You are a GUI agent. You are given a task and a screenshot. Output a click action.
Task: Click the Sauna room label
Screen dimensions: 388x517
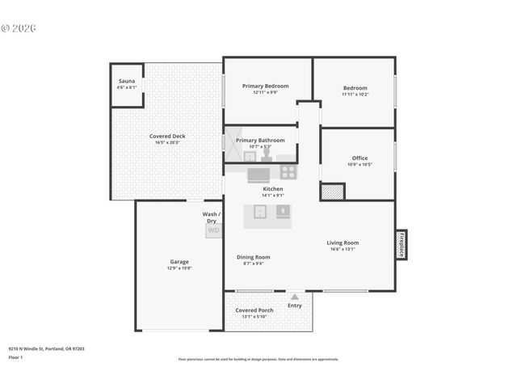127,81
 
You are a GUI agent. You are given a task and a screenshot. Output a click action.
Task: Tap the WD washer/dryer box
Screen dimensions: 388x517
213,230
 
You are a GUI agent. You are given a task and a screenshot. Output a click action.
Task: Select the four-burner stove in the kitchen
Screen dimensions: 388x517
288,171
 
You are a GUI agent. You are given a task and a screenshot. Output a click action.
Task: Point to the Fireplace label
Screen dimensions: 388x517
401,245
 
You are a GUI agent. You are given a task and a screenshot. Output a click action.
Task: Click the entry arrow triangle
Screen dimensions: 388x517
295,297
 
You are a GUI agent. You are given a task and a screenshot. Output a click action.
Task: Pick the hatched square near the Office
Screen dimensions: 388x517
332,192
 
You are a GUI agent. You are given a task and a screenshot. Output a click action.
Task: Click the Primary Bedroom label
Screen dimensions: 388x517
265,86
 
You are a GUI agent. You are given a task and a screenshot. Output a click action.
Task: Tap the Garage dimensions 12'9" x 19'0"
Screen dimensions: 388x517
179,268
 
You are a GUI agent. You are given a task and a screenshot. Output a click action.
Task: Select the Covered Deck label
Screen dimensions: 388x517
167,136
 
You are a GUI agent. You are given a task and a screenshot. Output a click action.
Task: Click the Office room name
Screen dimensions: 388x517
359,158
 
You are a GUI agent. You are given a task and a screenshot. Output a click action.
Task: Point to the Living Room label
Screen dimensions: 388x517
343,242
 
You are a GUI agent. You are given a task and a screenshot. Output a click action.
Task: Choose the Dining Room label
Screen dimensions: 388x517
253,257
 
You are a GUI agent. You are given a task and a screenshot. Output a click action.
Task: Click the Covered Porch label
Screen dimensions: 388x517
254,310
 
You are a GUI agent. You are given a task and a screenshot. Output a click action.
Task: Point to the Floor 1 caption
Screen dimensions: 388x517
16,356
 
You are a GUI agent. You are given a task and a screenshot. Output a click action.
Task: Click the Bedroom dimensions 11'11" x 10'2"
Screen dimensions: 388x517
355,95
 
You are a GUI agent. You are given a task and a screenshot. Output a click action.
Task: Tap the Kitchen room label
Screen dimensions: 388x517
273,188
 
